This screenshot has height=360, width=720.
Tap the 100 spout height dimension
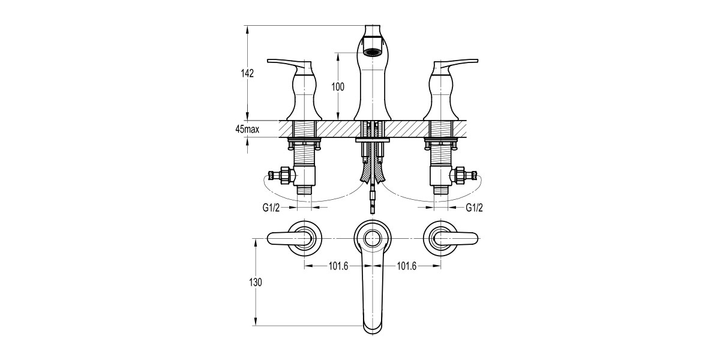[x=338, y=86]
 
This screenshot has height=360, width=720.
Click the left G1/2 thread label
[x=272, y=207]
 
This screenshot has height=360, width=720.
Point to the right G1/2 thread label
[x=475, y=207]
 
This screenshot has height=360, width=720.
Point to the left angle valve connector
[x=282, y=175]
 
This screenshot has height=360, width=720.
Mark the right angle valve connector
[x=463, y=175]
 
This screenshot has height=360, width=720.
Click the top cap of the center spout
[x=373, y=30]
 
